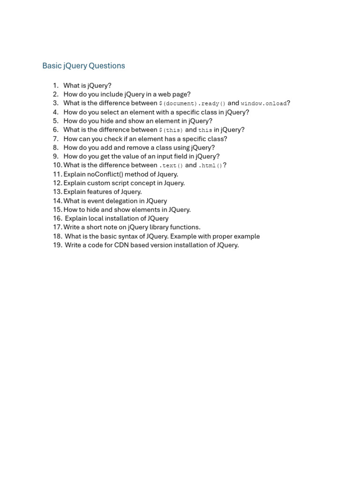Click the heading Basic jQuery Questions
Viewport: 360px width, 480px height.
pos(83,66)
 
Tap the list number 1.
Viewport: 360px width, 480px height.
pos(55,85)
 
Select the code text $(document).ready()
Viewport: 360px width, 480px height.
pos(192,104)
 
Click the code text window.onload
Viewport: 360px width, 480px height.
pos(263,104)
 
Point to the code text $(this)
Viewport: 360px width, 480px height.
pos(171,130)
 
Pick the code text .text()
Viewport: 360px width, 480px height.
pos(171,165)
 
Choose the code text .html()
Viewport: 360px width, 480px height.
pos(210,165)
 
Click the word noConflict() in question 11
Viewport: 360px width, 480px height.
pos(110,174)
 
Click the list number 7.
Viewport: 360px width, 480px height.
pos(55,139)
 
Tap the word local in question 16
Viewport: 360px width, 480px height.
pos(97,218)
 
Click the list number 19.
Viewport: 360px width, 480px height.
pos(57,245)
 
